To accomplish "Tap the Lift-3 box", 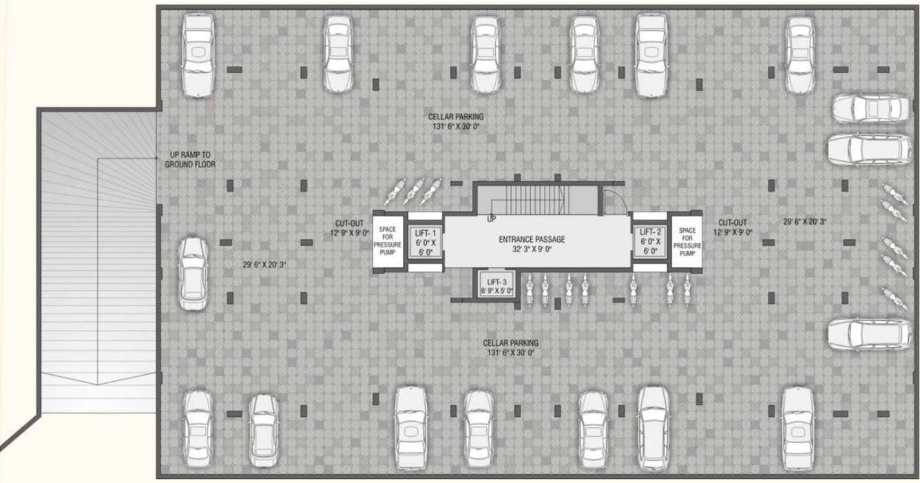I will point(497,285).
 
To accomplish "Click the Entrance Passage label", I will point(532,244).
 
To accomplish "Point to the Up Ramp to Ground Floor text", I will point(190,160).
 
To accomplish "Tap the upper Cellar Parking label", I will point(456,122).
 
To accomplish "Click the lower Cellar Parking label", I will point(510,347).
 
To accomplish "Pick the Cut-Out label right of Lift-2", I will point(732,227).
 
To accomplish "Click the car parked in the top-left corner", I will point(198,55).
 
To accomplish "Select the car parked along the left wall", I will point(193,274).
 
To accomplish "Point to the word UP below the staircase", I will point(492,219).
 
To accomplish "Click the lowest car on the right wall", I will point(868,333).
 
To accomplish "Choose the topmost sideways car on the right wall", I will point(870,108).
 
